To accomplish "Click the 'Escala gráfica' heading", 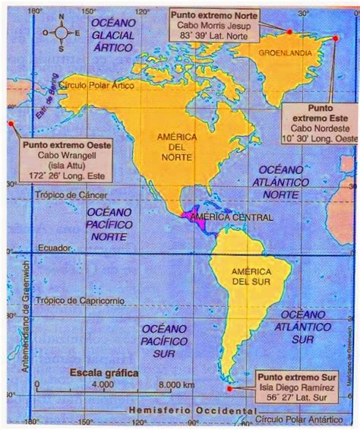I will [99, 374].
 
